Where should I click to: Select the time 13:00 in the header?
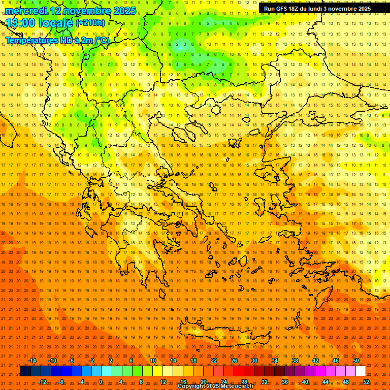click(21, 22)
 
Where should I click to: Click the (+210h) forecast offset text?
click(90, 22)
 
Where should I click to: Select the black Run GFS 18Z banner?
click(317, 9)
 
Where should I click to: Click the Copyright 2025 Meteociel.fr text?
click(216, 386)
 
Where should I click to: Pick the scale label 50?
click(356, 361)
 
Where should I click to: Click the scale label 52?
click(366, 382)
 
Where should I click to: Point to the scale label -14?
click(32, 361)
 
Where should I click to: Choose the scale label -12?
click(42, 382)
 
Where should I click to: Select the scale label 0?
click(101, 382)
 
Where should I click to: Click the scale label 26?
click(234, 361)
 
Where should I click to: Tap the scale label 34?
click(275, 361)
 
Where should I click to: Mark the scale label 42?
click(315, 361)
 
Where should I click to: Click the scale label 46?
click(336, 361)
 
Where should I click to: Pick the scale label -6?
click(72, 361)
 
